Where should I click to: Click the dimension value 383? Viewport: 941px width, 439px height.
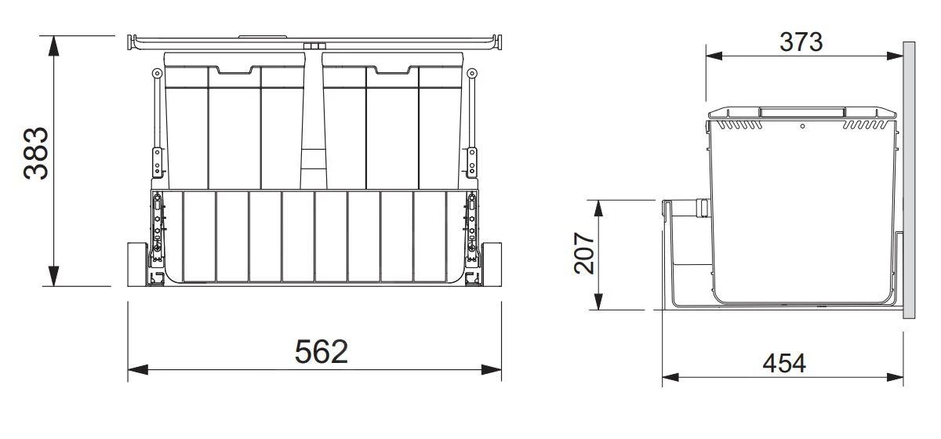pos(36,154)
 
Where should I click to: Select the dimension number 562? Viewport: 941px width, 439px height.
pos(321,352)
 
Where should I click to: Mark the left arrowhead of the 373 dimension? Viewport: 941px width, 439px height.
pos(714,55)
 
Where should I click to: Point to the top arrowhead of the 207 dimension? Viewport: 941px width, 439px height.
pos(598,209)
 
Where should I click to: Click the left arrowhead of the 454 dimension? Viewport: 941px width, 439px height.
pos(671,378)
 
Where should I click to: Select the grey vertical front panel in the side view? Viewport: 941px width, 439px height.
pos(909,180)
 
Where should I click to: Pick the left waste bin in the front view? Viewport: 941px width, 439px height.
pos(235,125)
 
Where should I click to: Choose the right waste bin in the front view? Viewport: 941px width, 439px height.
pos(392,125)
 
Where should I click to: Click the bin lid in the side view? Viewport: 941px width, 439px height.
pos(802,114)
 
